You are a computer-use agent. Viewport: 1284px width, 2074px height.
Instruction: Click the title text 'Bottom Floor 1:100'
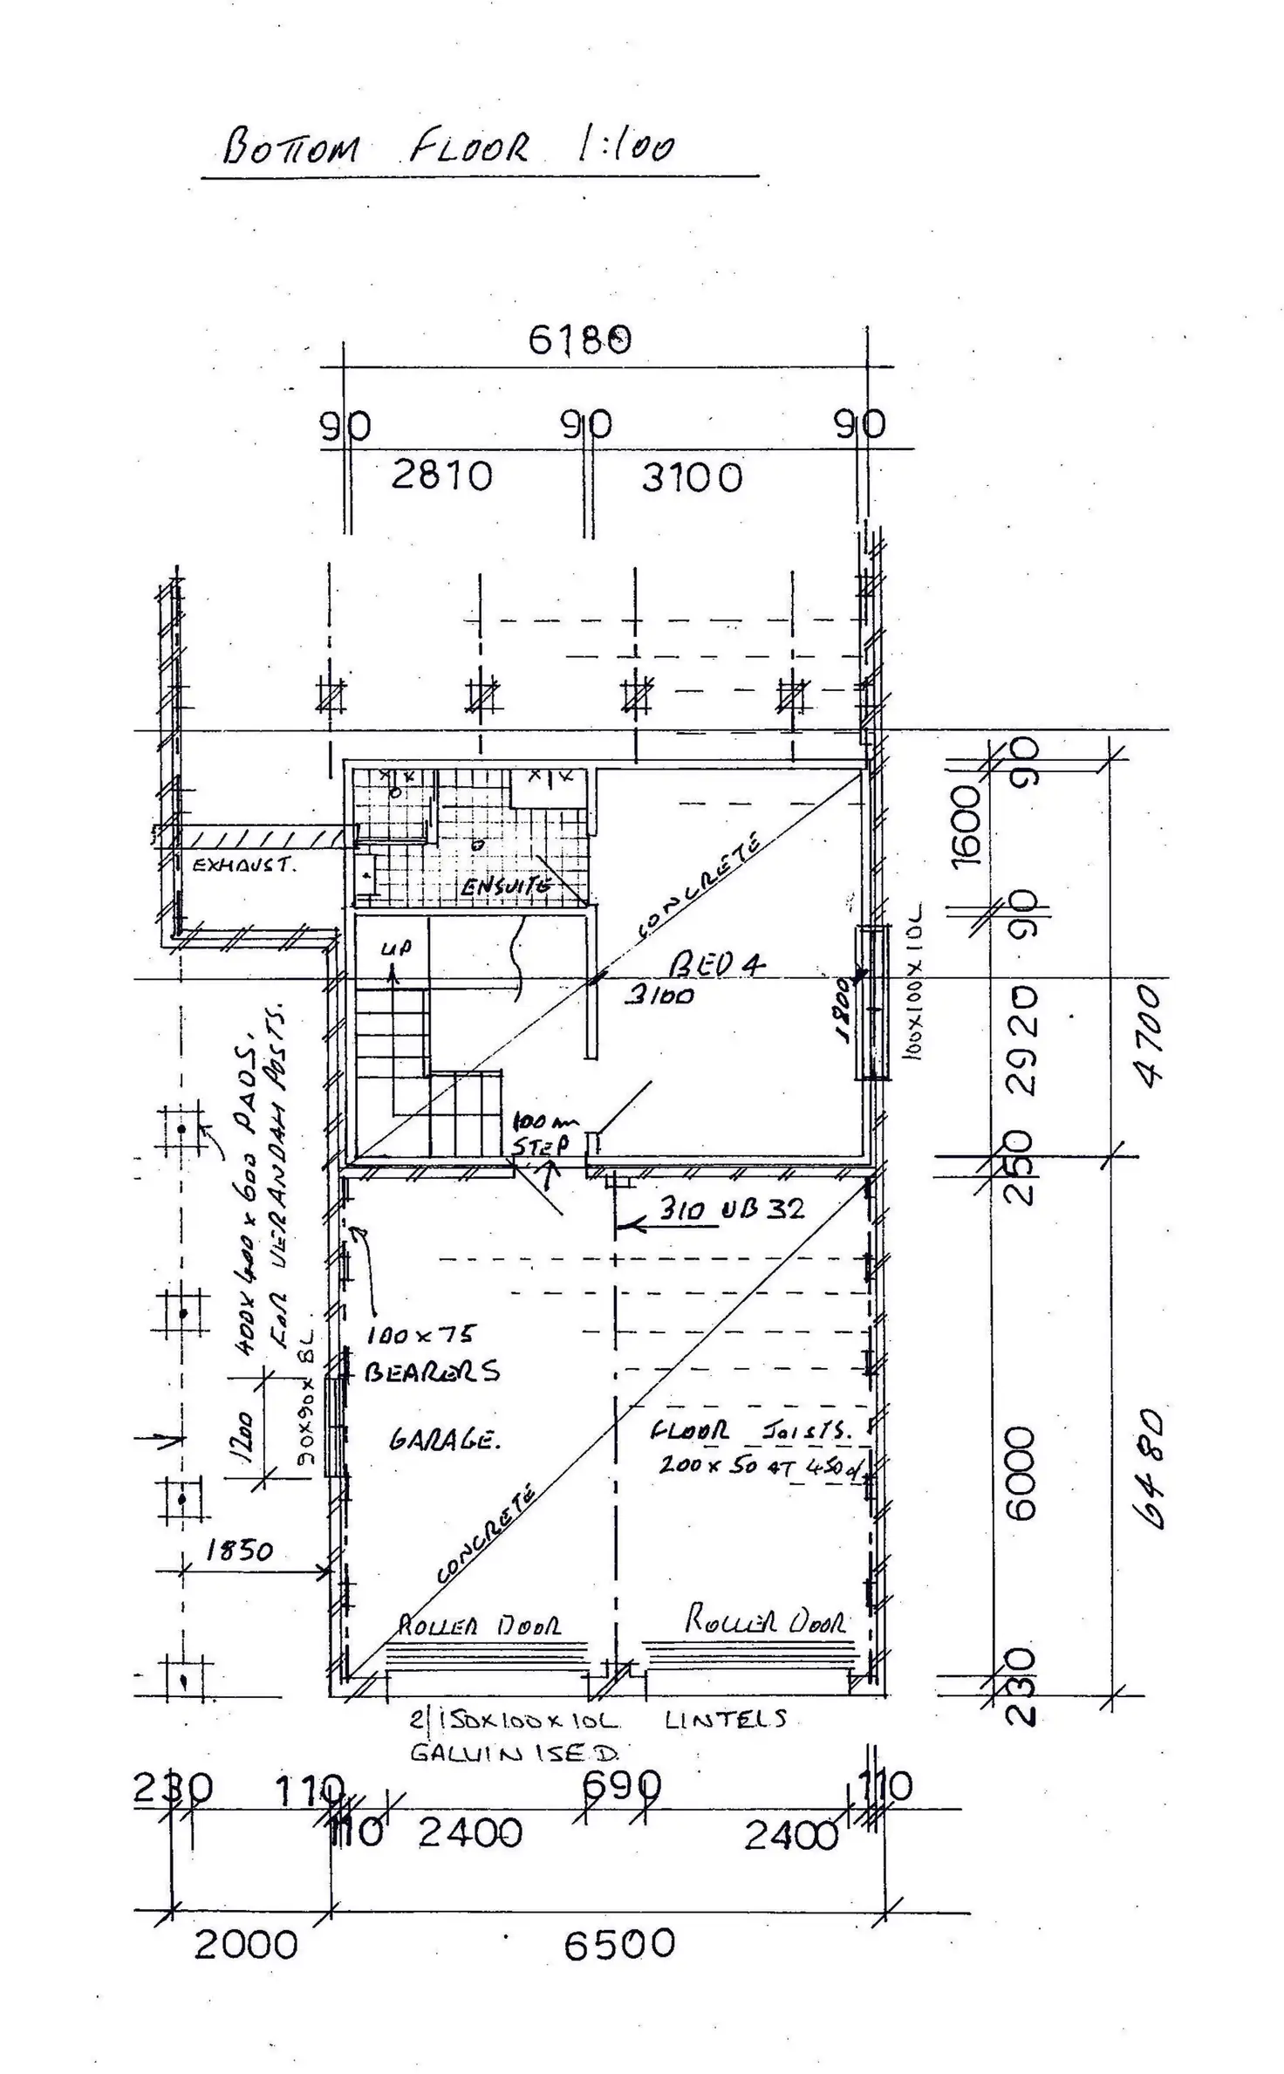[x=448, y=147]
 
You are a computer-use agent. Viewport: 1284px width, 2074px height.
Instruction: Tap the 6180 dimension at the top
[x=579, y=340]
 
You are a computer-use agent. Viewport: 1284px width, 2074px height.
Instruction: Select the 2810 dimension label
[x=441, y=476]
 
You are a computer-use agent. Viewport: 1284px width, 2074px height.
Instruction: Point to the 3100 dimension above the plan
[x=692, y=478]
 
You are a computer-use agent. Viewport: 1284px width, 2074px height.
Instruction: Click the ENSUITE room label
[x=507, y=886]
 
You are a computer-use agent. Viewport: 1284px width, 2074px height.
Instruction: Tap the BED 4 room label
[x=716, y=964]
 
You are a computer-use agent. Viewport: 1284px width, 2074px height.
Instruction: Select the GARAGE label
[x=445, y=1439]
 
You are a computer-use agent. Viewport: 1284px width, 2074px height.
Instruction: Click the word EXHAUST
[x=244, y=866]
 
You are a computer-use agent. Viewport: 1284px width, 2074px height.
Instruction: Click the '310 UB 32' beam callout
[x=731, y=1209]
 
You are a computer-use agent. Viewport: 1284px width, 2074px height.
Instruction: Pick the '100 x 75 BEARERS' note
[x=432, y=1353]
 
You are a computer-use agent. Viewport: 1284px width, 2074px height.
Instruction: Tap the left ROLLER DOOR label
[x=480, y=1625]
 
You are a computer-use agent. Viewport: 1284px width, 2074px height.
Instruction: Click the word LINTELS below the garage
[x=725, y=1719]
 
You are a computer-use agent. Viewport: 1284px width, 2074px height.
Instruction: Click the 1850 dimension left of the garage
[x=239, y=1550]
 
